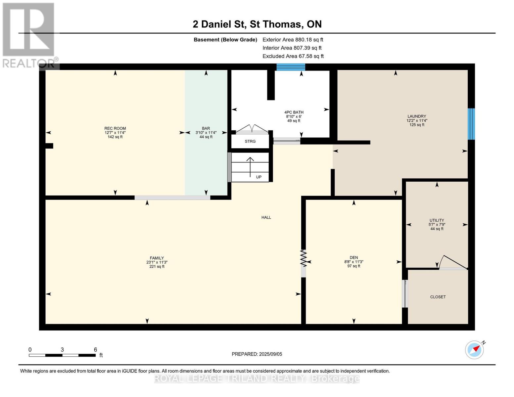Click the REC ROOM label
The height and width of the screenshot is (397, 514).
click(x=115, y=128)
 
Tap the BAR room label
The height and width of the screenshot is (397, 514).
click(x=206, y=128)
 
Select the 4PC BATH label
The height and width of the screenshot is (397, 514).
click(x=294, y=112)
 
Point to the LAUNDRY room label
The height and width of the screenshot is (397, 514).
click(x=417, y=116)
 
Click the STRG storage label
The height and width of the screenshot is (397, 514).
click(x=250, y=141)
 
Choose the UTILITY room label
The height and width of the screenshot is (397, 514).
click(x=437, y=220)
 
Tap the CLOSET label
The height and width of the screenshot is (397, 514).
click(x=438, y=297)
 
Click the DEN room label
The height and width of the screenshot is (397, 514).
click(x=353, y=258)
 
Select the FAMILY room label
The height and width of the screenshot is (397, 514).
click(x=157, y=258)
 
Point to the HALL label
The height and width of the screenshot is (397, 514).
click(x=266, y=217)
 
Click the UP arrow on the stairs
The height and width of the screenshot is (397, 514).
click(x=250, y=165)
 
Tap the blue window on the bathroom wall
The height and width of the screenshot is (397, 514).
click(x=291, y=67)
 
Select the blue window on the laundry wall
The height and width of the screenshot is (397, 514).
click(x=471, y=124)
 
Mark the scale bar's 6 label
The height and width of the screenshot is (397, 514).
click(x=95, y=350)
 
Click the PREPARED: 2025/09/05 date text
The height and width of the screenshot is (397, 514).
click(x=257, y=354)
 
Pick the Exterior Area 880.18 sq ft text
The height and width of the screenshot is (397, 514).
click(x=293, y=40)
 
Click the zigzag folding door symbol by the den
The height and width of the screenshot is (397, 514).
click(x=304, y=258)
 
